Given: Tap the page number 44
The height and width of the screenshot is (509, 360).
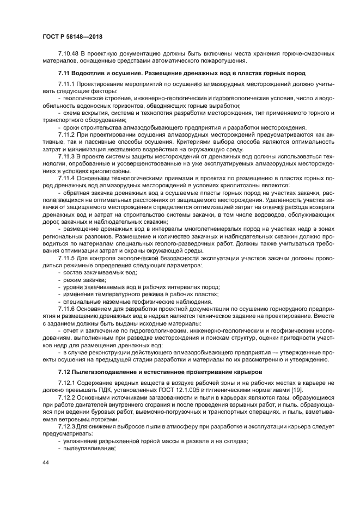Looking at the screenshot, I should (46, 462).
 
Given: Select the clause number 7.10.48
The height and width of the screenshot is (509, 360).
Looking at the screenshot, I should (69, 54).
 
